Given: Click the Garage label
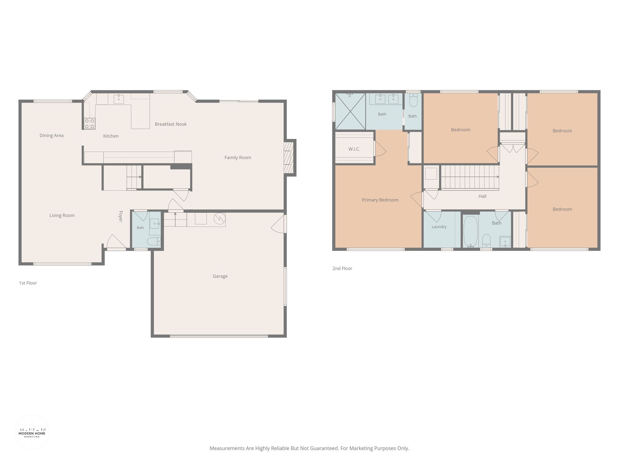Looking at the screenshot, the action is (x=220, y=276).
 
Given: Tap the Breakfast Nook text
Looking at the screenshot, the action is (x=171, y=124).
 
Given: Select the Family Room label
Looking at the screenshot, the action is (x=238, y=157).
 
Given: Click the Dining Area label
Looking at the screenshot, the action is (x=52, y=135).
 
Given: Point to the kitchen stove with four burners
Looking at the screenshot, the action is (x=89, y=124).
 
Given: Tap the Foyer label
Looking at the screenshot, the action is (x=121, y=217).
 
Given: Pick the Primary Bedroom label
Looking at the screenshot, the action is (x=380, y=200).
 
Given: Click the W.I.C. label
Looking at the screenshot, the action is (x=354, y=149).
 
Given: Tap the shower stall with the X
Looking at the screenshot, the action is (x=350, y=111).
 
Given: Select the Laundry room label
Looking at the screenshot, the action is (x=439, y=227).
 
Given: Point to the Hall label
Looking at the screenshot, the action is (x=482, y=196).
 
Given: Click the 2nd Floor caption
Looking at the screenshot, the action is (x=342, y=268).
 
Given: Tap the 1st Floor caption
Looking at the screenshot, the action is (x=28, y=283).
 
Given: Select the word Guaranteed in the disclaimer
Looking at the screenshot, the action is (x=322, y=448).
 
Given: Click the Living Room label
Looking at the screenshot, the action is (x=62, y=215).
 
